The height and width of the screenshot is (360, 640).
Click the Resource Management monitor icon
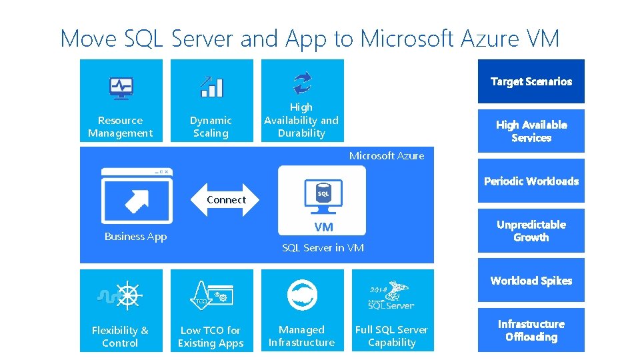tap(121, 88)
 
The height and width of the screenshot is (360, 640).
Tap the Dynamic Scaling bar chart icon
tap(211, 87)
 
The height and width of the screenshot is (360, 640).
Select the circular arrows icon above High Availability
tap(302, 83)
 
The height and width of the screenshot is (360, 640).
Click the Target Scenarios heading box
tap(531, 81)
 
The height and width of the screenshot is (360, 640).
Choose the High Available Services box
tap(531, 131)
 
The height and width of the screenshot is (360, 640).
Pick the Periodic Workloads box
tap(531, 181)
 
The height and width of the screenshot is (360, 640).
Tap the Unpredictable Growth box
tap(531, 231)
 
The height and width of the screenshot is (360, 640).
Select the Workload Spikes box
tap(531, 280)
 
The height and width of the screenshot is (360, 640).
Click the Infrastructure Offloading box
tap(531, 330)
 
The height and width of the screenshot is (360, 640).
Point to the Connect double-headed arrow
tap(226, 199)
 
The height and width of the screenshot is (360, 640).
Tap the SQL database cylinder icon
tap(323, 192)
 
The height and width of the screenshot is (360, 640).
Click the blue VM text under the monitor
tap(323, 227)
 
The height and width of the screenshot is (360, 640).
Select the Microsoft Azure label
tap(387, 156)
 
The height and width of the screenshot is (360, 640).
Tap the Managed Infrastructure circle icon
tap(302, 295)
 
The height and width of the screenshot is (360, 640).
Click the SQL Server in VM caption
tap(323, 248)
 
